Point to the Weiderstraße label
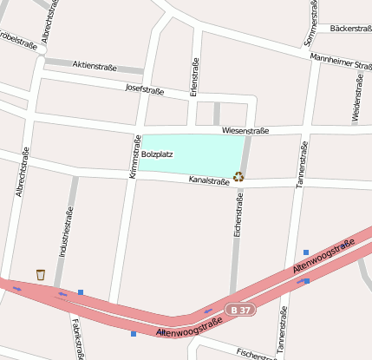(356, 98)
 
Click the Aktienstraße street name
(95, 65)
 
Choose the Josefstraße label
(145, 88)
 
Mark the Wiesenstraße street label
(245, 131)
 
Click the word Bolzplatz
(158, 154)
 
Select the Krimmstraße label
(135, 157)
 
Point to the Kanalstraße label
(209, 181)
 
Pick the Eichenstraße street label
(238, 216)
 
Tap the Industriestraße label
(63, 233)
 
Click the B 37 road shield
(242, 309)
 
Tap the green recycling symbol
(238, 177)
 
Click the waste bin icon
(41, 275)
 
